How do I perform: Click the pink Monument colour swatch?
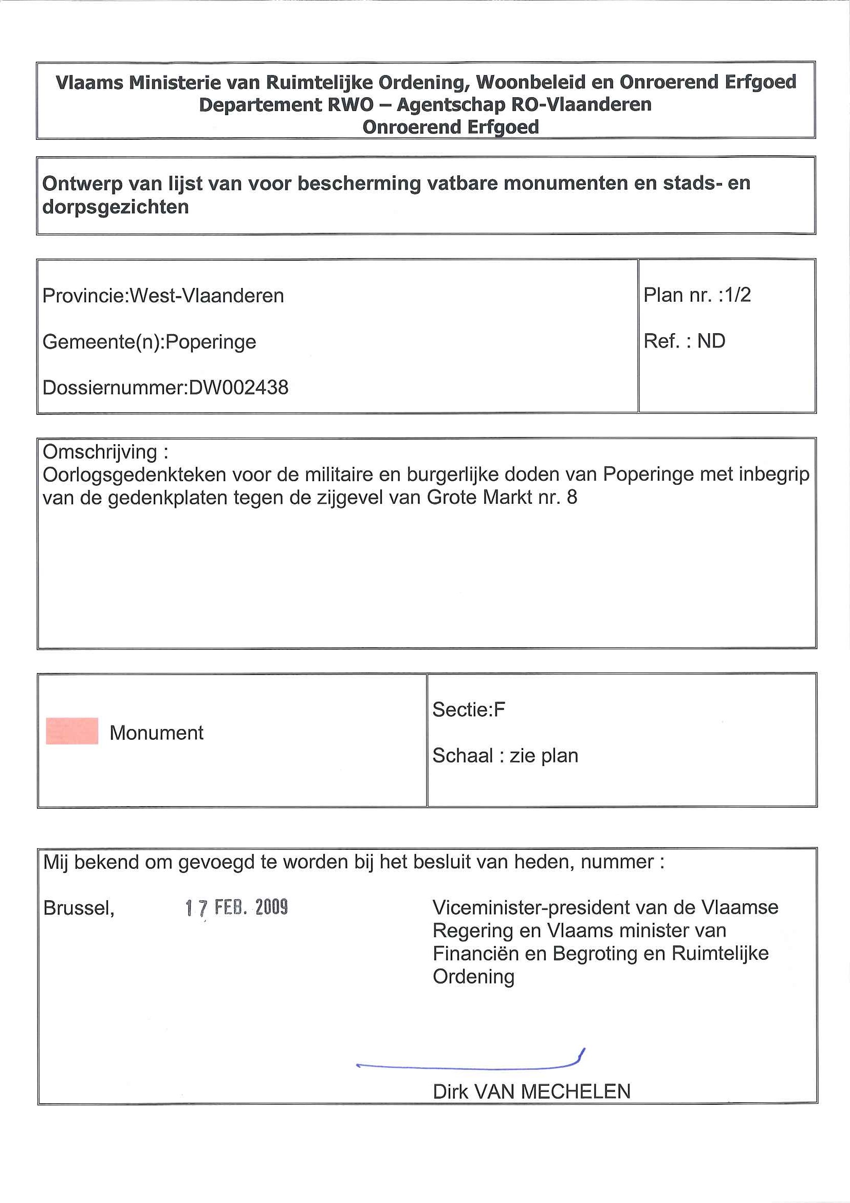[72, 731]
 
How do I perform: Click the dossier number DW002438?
[238, 388]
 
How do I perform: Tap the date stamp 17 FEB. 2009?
[236, 907]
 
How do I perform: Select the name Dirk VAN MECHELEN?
[531, 1092]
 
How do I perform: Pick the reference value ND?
[711, 341]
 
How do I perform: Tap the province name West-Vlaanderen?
[207, 296]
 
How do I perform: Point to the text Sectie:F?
[468, 709]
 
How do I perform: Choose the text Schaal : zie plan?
[505, 756]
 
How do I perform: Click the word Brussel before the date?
[79, 908]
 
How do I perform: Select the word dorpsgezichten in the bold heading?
[115, 208]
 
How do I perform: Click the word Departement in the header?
[259, 105]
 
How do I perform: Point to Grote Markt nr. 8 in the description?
[502, 497]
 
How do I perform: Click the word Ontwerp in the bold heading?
[82, 184]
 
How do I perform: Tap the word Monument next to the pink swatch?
[156, 733]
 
